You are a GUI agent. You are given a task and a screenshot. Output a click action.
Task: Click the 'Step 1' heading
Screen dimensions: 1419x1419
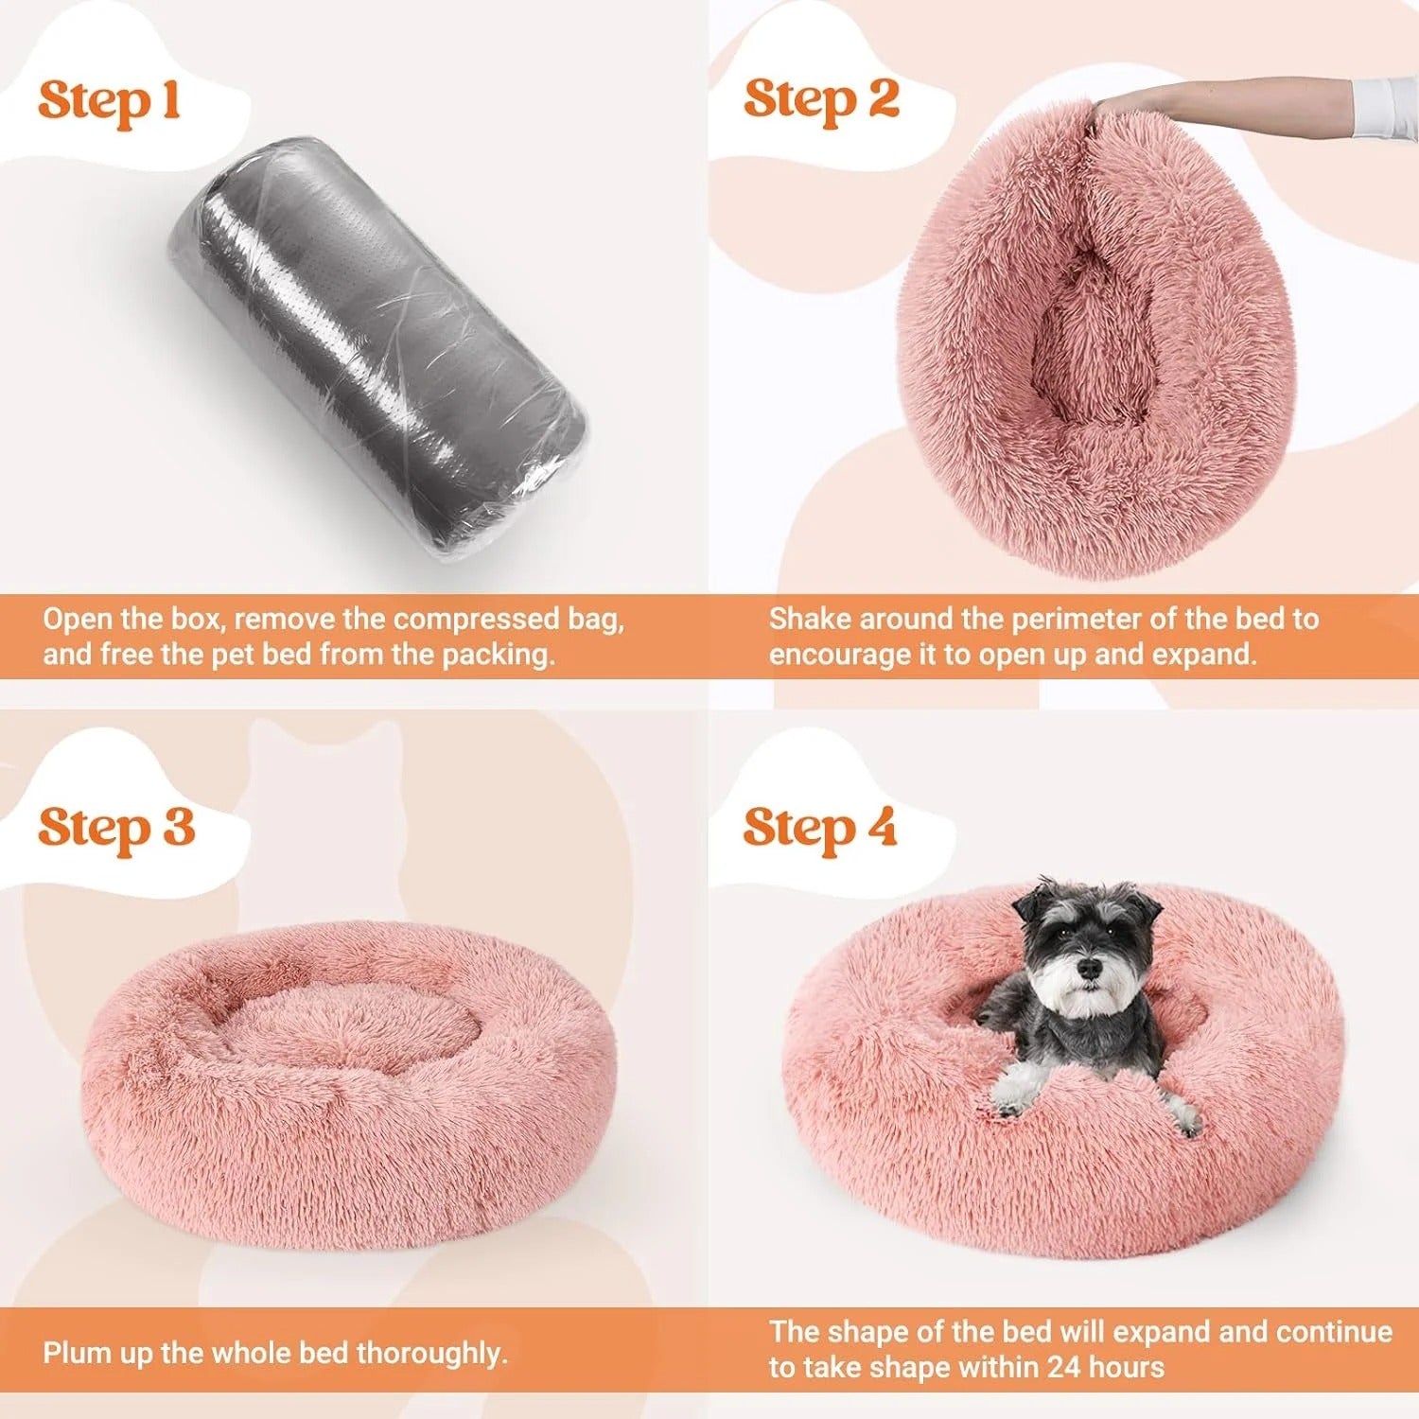(109, 101)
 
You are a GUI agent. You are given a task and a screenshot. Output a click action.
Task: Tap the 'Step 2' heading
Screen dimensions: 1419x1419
(820, 99)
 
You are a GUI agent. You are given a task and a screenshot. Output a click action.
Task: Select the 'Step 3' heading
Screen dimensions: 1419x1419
(115, 828)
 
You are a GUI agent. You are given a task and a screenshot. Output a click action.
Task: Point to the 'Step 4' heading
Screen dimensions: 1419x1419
(819, 828)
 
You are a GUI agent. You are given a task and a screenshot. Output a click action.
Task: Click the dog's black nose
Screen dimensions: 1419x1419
(1090, 968)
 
